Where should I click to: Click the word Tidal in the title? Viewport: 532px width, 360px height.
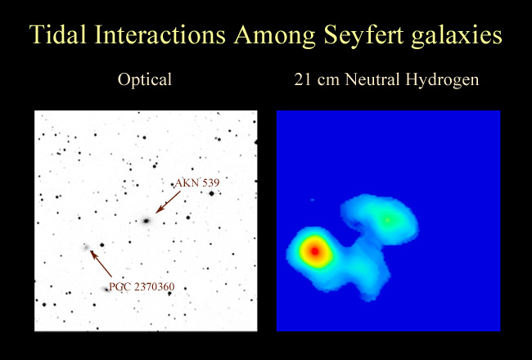[x=57, y=34]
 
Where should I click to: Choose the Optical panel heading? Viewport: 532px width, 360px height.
[x=145, y=80]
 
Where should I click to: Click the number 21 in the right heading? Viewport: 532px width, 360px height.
[x=302, y=80]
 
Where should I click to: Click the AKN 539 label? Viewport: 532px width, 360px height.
[x=197, y=183]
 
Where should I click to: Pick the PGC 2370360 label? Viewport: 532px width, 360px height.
[x=142, y=286]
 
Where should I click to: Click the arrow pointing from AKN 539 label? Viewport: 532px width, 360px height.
[x=168, y=202]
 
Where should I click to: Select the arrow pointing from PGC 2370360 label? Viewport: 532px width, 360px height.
[x=101, y=263]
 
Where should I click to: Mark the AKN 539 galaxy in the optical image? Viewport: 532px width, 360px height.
[x=147, y=221]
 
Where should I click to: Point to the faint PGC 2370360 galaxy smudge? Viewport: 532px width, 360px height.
[x=85, y=247]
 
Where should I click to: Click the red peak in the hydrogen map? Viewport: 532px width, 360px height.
[x=315, y=251]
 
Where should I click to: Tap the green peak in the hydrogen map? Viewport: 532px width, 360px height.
[x=387, y=220]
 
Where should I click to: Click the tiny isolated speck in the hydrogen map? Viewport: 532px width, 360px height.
[x=312, y=200]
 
